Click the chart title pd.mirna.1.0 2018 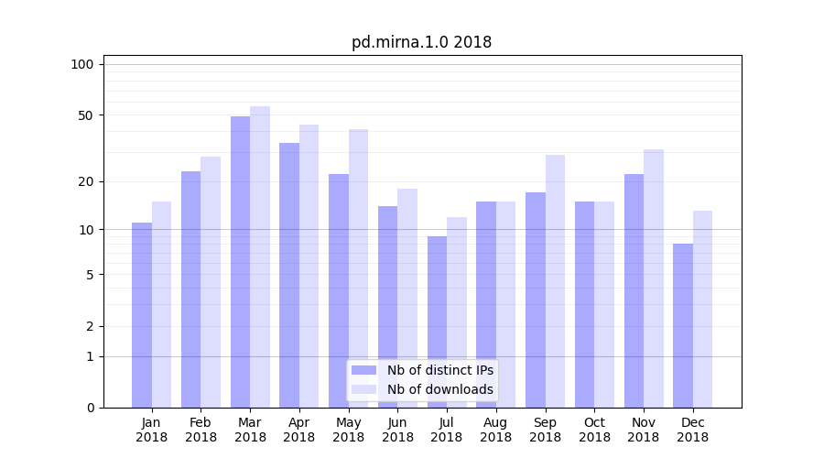[x=421, y=42]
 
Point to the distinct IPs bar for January [x=142, y=315]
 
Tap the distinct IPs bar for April [x=289, y=275]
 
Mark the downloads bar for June [x=407, y=298]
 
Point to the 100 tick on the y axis [x=82, y=64]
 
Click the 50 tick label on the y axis [x=85, y=115]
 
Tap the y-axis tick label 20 [x=85, y=181]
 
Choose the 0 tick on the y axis [x=90, y=408]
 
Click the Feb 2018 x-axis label [x=201, y=430]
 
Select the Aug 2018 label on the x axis [x=495, y=430]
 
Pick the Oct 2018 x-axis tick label [x=594, y=430]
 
